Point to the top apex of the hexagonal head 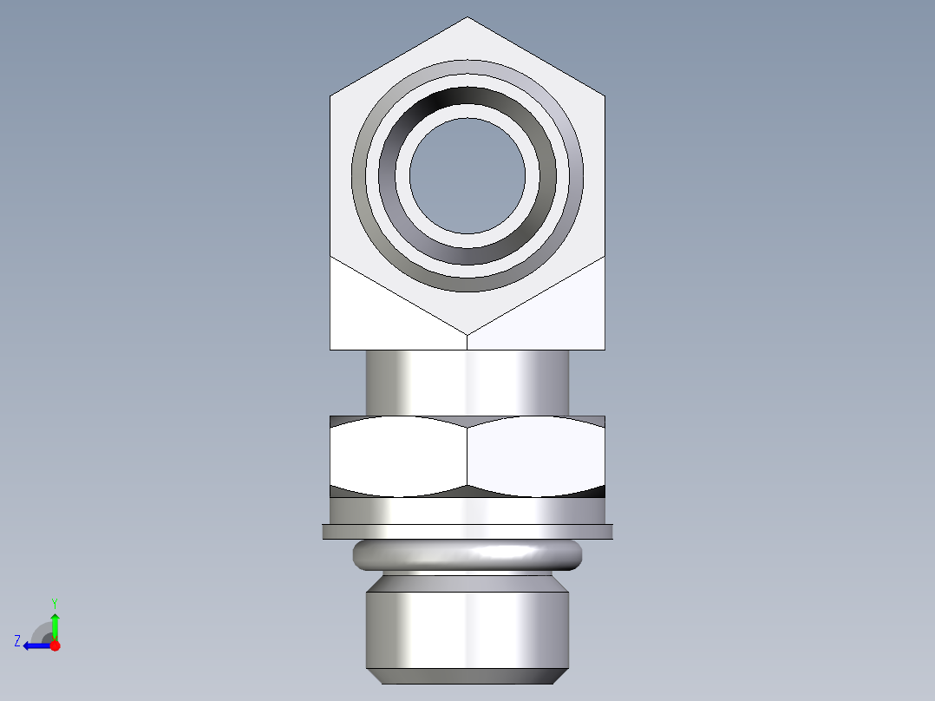467,17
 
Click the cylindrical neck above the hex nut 467,382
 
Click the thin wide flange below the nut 467,531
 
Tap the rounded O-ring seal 467,554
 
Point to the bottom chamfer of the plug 467,676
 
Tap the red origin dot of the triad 55,645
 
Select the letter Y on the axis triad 54,602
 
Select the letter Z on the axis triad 17,641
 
